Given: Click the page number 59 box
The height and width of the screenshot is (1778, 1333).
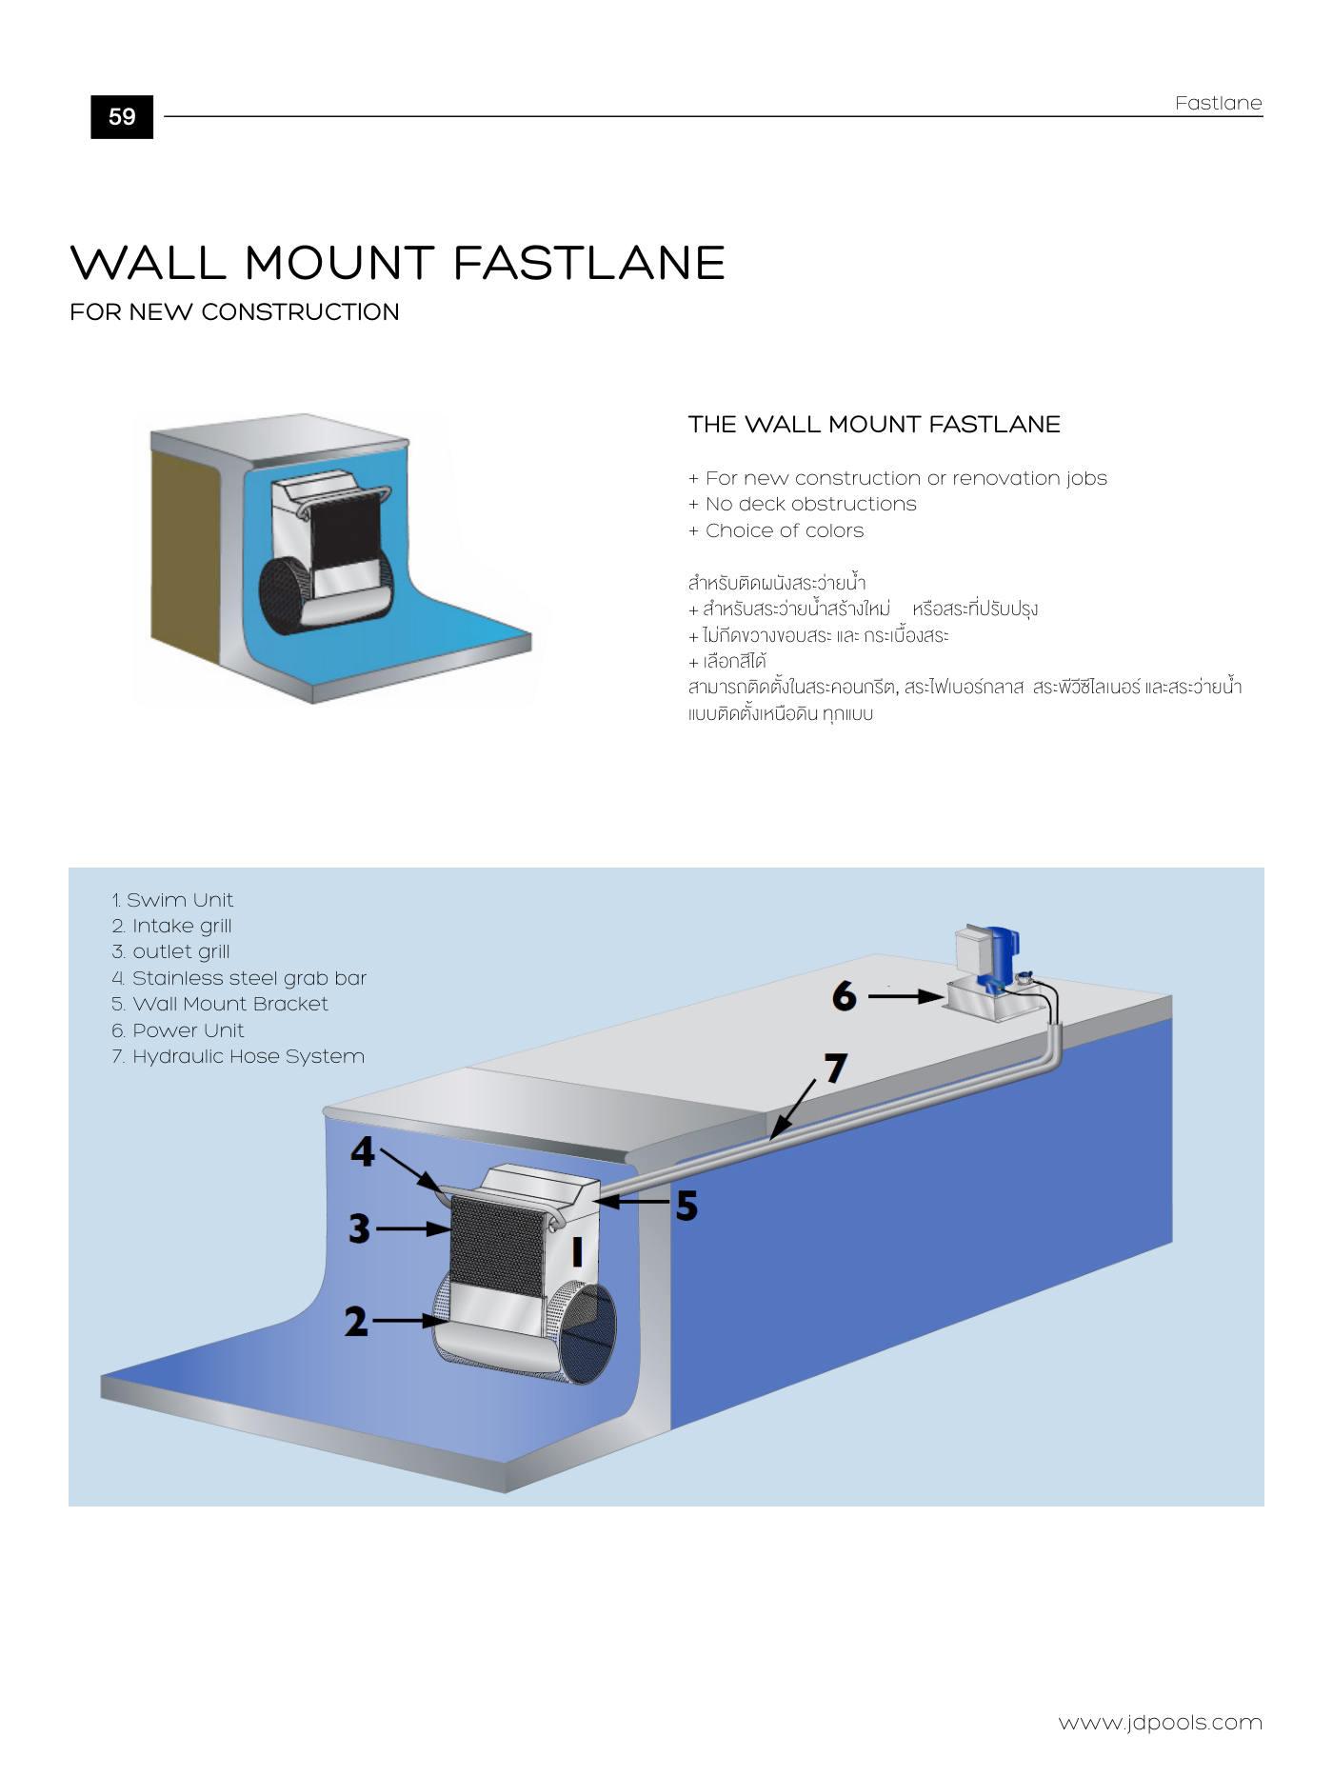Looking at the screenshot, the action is click(x=122, y=117).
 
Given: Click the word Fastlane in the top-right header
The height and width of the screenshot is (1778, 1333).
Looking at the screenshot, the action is click(x=1218, y=103).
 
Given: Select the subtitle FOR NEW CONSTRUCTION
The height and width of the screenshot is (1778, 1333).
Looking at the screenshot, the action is click(x=234, y=312).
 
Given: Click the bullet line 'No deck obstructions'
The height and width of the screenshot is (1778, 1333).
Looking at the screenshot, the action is click(x=802, y=504).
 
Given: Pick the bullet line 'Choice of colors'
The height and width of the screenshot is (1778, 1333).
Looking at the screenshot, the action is click(x=775, y=530).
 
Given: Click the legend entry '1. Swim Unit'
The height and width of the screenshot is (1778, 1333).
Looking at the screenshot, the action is click(x=172, y=900).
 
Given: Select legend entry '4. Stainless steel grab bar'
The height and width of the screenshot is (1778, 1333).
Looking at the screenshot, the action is click(x=239, y=978).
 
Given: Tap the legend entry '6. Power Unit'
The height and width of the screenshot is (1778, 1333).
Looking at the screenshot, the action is click(x=178, y=1030).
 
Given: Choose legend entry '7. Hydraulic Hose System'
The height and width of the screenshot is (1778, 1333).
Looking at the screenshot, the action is click(x=238, y=1056).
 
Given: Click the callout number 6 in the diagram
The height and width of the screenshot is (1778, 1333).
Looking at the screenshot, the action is click(x=844, y=996).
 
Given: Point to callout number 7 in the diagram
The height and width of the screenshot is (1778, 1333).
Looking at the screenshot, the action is click(x=835, y=1069).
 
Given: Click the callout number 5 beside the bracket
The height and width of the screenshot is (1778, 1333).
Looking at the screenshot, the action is click(x=686, y=1207).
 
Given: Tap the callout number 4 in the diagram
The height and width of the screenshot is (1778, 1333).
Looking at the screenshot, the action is click(x=363, y=1152).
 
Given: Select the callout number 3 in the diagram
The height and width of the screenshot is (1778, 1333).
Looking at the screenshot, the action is click(x=359, y=1229).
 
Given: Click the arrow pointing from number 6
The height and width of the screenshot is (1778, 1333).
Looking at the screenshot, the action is click(x=905, y=997).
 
